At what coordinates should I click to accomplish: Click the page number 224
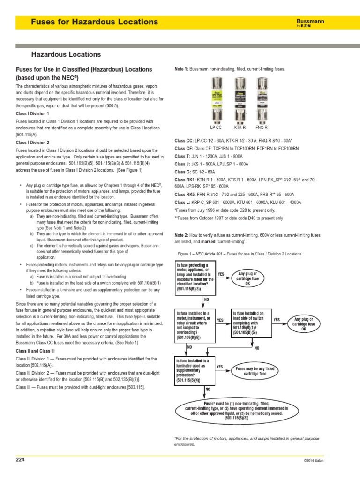[20, 460]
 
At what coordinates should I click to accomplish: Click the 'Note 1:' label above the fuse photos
[181, 69]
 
